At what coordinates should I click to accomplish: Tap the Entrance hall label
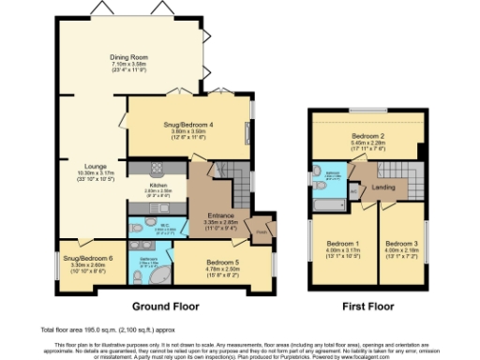coord(221,215)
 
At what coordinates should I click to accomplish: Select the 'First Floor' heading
coord(366,307)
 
